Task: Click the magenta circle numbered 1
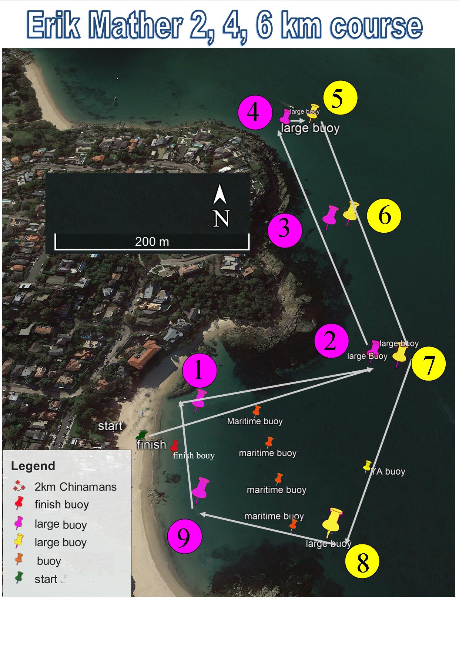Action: tap(199, 371)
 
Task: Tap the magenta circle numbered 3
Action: tap(285, 230)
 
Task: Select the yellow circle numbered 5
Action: tap(340, 98)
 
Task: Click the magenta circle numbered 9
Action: tap(184, 538)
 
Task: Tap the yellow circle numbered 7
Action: tap(428, 365)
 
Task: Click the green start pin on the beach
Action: tap(141, 435)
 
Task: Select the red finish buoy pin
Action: tap(174, 446)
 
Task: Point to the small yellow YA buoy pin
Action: tap(367, 466)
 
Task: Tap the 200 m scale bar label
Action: tap(152, 242)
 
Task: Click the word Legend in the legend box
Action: tap(33, 466)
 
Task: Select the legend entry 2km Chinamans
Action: tap(75, 487)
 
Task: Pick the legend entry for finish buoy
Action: tap(61, 504)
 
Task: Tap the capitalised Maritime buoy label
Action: tap(255, 421)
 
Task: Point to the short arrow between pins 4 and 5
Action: tap(297, 120)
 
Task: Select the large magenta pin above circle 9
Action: tap(200, 489)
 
